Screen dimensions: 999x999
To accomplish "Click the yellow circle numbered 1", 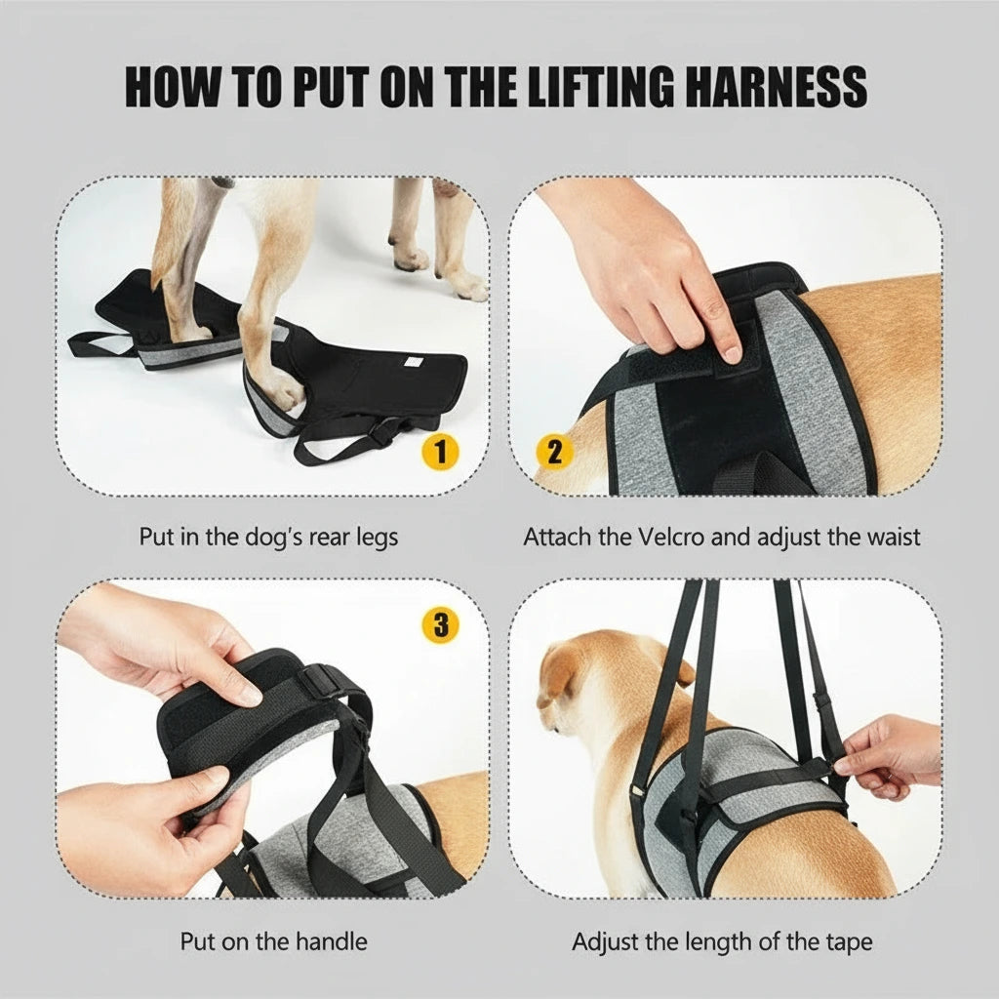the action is tap(440, 453).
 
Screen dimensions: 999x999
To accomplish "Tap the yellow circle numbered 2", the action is tap(555, 452).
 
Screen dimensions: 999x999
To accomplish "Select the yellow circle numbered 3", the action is tap(440, 625).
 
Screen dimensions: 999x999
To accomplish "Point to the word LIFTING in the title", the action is tap(601, 87).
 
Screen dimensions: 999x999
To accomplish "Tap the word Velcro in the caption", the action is tap(671, 538).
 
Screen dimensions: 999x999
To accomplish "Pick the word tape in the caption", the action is tap(849, 942).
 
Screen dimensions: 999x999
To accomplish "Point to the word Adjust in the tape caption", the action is tap(606, 942).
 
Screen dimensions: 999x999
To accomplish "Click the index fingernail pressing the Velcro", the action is tap(732, 352).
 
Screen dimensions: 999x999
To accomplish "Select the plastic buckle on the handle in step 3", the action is tap(320, 680).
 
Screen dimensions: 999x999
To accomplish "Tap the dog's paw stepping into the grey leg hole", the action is tap(283, 390).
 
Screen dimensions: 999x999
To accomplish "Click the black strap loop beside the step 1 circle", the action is tap(344, 440).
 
